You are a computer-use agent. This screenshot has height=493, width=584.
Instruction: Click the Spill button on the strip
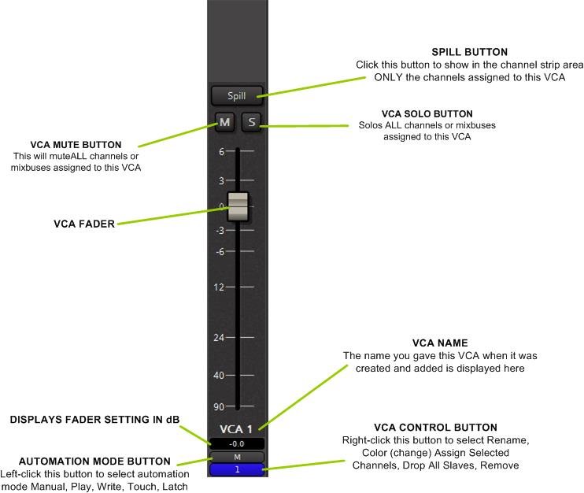(x=236, y=96)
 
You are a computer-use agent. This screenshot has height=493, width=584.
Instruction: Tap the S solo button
(x=250, y=121)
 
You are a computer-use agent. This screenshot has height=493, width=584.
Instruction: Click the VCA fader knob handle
(x=237, y=206)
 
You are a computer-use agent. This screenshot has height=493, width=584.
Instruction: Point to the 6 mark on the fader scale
(x=223, y=151)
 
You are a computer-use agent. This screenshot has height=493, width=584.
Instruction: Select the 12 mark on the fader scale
(x=220, y=287)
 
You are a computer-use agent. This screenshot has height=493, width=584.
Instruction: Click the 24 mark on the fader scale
(x=220, y=338)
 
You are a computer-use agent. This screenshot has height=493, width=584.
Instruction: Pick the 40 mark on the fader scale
(x=220, y=375)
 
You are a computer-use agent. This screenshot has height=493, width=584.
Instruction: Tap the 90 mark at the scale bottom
(x=220, y=406)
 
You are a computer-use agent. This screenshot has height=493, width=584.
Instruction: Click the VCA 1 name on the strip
(x=236, y=429)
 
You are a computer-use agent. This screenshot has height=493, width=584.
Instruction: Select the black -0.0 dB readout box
(x=236, y=443)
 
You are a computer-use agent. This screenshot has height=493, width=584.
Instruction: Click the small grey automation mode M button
(x=236, y=457)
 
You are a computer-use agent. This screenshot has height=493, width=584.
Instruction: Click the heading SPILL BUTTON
(x=469, y=53)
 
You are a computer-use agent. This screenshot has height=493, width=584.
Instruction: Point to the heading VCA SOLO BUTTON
(x=427, y=114)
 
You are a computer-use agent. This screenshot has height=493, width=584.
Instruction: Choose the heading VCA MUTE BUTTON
(x=76, y=145)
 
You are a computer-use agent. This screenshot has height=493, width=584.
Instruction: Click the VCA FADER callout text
(x=84, y=224)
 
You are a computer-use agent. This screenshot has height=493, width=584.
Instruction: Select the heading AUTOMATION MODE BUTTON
(x=94, y=461)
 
